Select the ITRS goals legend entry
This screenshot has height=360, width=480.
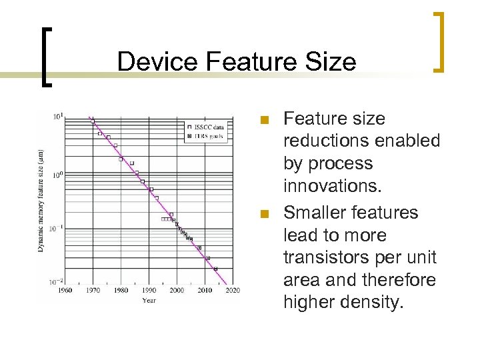tap(208, 135)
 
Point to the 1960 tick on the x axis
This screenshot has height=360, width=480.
tap(65, 290)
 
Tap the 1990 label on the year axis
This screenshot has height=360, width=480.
tap(149, 290)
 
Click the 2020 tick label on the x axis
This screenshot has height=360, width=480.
tap(233, 290)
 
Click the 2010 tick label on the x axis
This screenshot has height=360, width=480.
tap(205, 290)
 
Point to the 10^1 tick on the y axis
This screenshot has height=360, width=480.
tap(59, 117)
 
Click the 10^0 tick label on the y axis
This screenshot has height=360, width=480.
tap(59, 173)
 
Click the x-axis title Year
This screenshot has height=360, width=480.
tap(149, 300)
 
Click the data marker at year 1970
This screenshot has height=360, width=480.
tap(93, 121)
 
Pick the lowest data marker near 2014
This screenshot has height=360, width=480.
tap(215, 269)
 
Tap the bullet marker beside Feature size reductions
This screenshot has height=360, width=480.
tap(264, 121)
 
